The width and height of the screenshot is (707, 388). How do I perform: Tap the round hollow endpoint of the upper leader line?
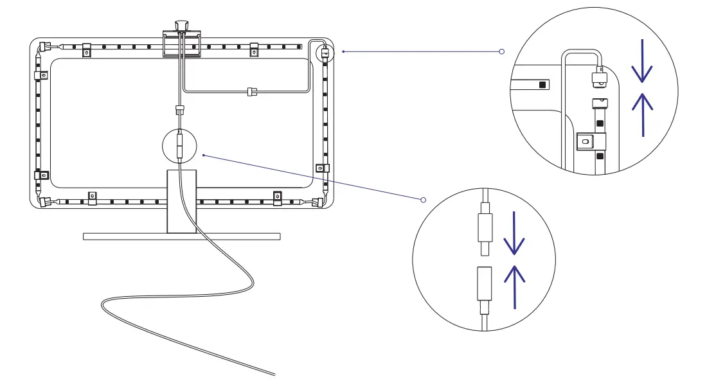pos(502,51)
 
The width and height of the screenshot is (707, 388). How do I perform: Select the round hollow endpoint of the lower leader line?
pos(423,200)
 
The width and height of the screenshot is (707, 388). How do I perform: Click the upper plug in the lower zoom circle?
pos(484,229)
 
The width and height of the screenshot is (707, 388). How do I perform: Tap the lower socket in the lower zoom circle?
pos(484,284)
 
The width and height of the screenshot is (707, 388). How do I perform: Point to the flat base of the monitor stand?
pos(182,236)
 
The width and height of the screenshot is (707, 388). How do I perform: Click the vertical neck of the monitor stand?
pos(181,200)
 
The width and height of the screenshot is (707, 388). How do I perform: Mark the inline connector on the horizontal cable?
pos(251,92)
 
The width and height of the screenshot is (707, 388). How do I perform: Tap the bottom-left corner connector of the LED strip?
pos(45,202)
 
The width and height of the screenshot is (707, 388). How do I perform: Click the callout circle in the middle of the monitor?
pos(181,146)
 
